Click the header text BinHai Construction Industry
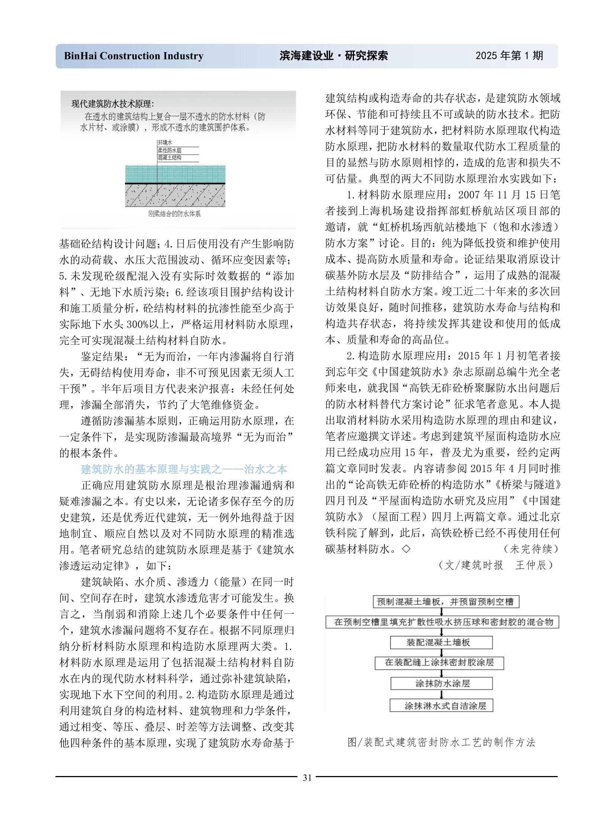133,56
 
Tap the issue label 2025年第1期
509,56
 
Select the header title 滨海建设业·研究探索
334,56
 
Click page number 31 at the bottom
307,778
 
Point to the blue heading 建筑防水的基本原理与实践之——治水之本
184,469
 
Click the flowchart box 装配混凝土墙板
441,642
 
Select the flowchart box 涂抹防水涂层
441,683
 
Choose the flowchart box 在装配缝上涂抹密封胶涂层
439,662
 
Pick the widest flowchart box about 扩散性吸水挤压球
442,622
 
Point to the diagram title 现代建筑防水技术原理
112,104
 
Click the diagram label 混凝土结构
170,158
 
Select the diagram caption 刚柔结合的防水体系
174,214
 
